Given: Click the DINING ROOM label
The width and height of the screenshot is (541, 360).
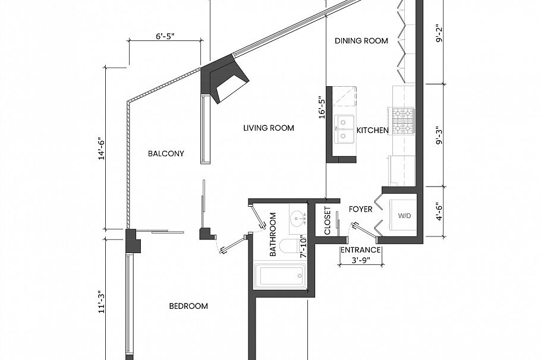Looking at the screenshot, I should (361, 41).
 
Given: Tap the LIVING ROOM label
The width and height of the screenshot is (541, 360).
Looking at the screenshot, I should (269, 128).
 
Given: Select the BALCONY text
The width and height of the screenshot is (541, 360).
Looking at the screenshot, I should (166, 153).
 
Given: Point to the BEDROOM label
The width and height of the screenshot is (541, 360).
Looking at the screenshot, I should (188, 307).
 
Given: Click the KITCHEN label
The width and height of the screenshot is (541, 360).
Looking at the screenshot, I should (372, 130).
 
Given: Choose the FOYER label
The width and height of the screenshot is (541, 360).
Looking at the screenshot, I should (360, 209).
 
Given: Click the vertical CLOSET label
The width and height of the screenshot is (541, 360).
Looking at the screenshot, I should (328, 220).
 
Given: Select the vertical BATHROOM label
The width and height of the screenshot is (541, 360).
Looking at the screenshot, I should (273, 233).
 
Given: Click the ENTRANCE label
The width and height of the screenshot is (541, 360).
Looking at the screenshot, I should (360, 250).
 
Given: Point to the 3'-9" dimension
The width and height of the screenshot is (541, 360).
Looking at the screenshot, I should (360, 260).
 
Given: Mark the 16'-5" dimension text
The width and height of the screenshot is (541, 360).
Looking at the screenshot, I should (322, 107).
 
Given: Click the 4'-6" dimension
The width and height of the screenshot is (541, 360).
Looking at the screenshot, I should (440, 212).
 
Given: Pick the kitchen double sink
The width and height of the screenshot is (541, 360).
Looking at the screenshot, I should (344, 130).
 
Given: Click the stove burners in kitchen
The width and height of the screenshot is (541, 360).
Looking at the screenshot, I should (402, 121).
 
